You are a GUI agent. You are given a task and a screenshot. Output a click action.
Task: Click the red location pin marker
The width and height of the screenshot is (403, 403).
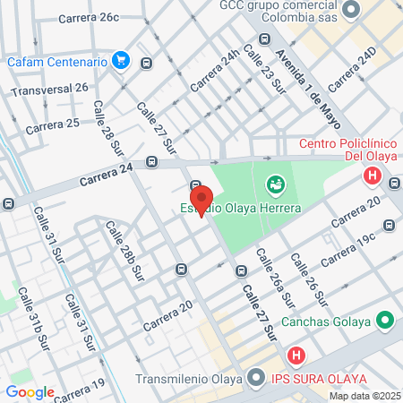tap(200, 200)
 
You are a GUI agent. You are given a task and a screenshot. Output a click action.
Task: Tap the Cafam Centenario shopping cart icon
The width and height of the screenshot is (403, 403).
tap(124, 61)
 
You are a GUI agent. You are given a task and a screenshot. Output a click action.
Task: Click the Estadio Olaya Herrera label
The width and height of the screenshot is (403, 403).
tap(236, 208)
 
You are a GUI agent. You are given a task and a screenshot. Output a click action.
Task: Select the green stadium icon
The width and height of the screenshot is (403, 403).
tap(276, 185)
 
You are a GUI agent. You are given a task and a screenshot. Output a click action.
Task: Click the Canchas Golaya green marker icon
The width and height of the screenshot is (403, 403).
tap(384, 320)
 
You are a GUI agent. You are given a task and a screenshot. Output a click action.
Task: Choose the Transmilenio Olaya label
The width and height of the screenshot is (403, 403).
tap(189, 378)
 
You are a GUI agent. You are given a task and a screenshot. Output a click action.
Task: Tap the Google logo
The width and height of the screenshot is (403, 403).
tap(30, 392)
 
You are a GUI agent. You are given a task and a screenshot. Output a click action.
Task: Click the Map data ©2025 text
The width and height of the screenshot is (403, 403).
tap(364, 396)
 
